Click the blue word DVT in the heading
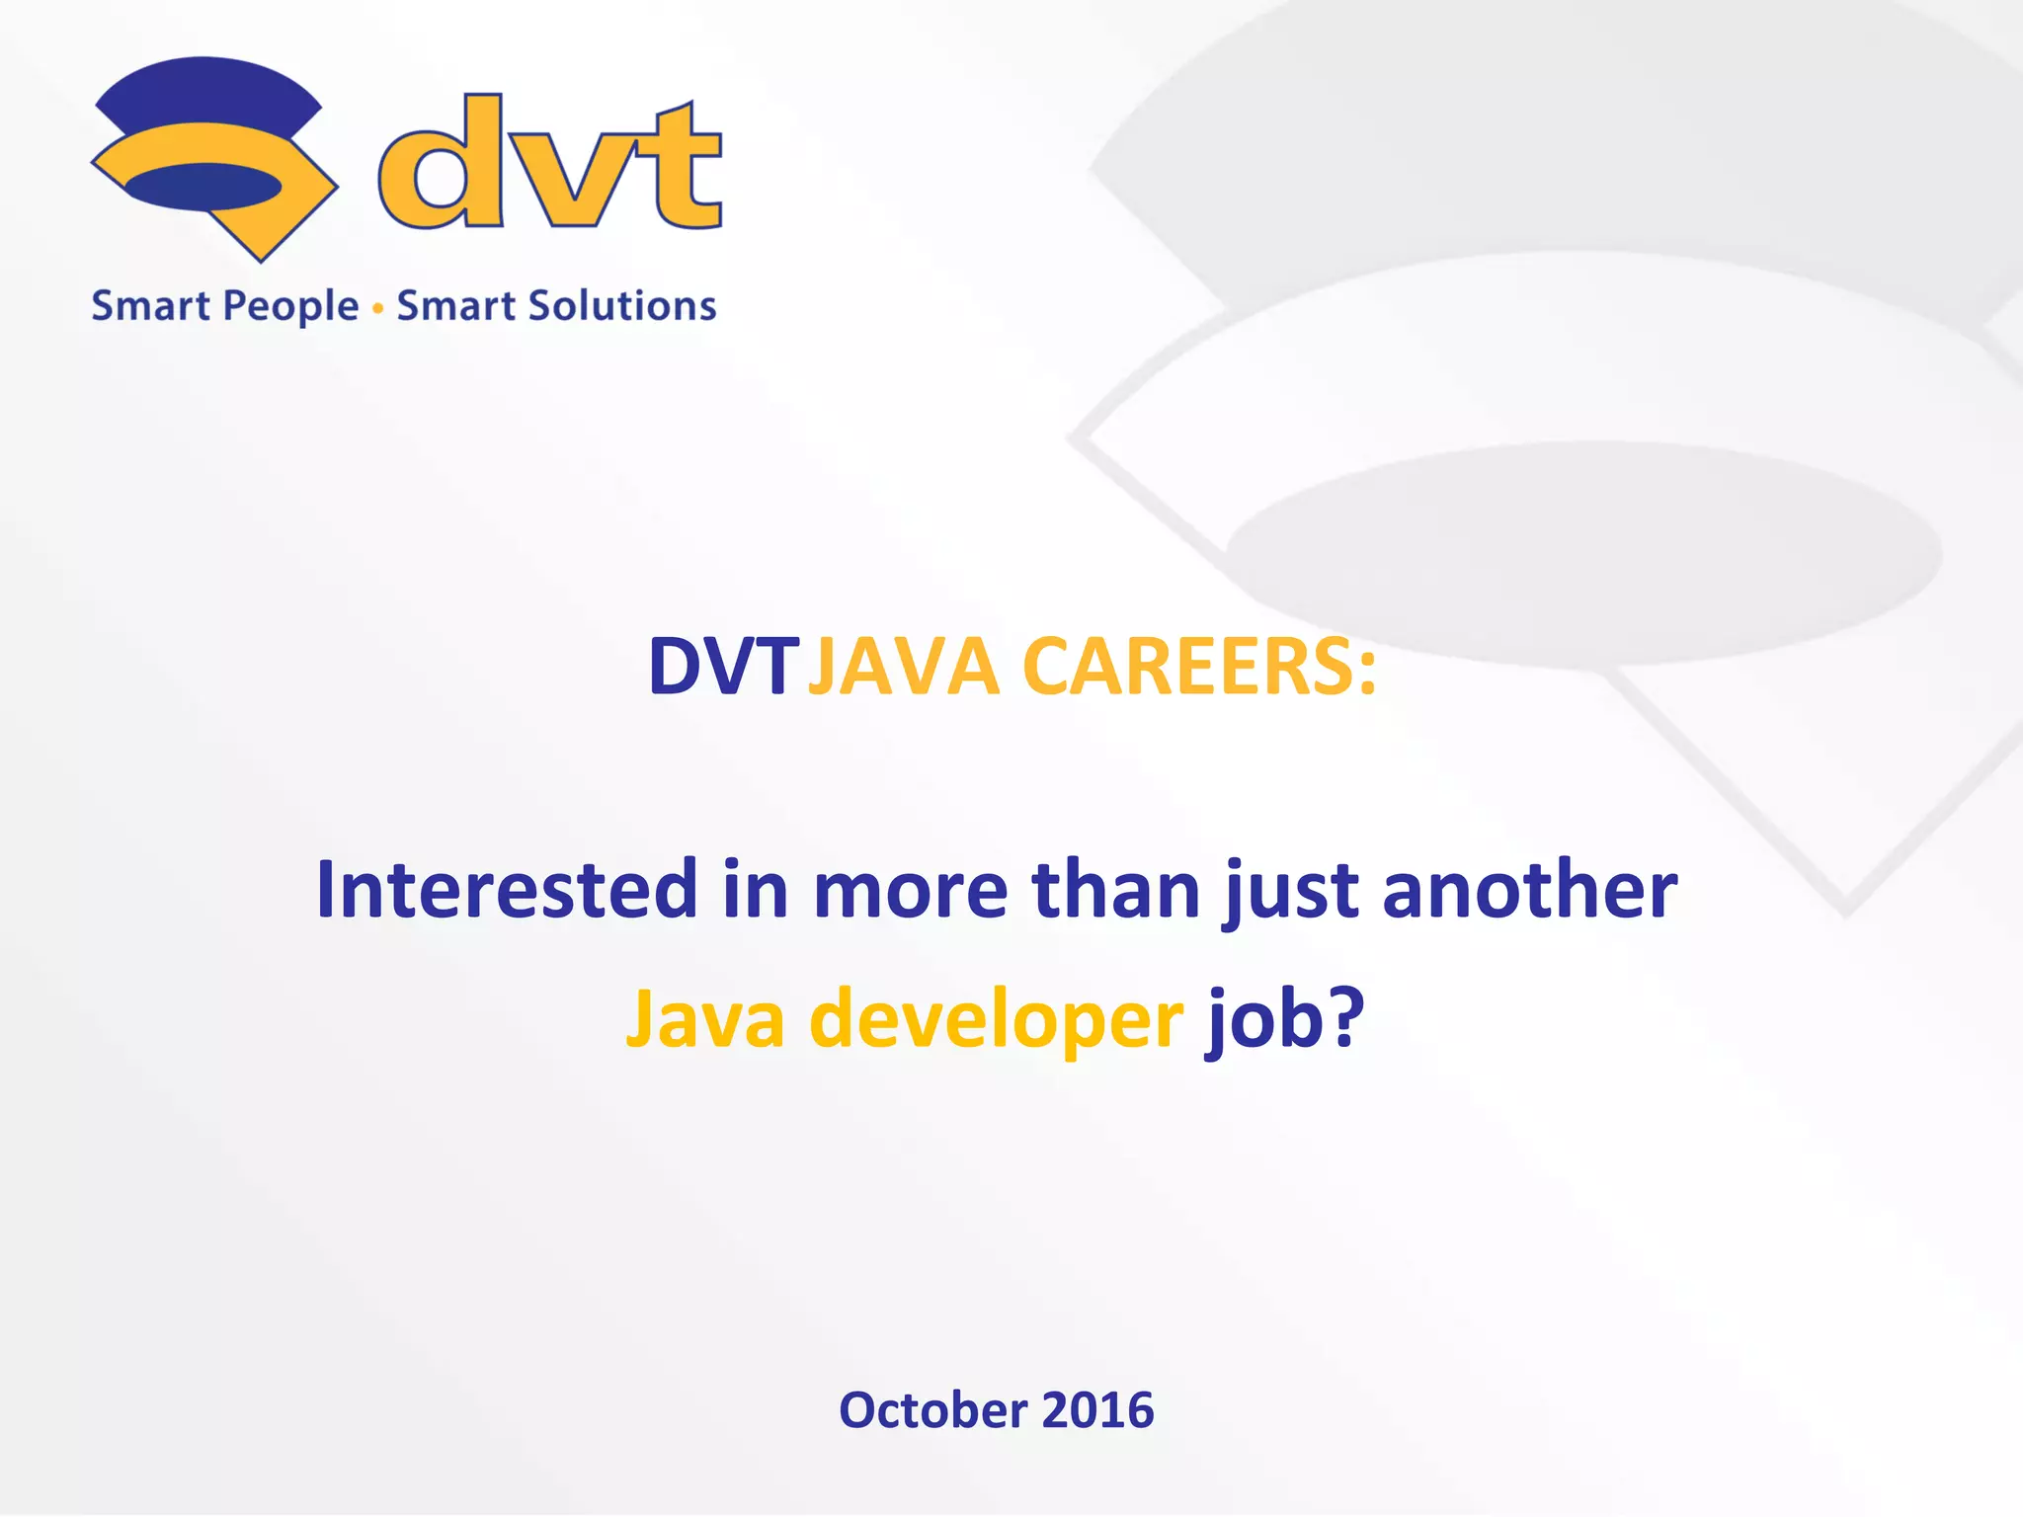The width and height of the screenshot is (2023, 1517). click(722, 668)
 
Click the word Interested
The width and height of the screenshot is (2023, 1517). click(507, 890)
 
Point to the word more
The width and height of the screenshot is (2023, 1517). click(910, 890)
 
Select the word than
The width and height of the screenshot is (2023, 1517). click(1115, 890)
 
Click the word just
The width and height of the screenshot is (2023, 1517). click(1288, 890)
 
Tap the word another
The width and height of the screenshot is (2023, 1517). click(1529, 890)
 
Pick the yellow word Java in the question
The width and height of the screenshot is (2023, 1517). click(705, 1019)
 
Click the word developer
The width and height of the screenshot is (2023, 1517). click(996, 1019)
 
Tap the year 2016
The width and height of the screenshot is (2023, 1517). click(1097, 1409)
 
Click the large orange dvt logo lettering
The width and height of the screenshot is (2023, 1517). click(549, 164)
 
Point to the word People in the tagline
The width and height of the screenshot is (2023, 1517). click(291, 307)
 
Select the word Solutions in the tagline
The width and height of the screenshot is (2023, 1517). click(622, 306)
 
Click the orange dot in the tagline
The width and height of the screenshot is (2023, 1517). click(377, 309)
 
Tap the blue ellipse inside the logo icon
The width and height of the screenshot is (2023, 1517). click(203, 187)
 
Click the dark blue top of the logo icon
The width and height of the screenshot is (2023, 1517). click(207, 94)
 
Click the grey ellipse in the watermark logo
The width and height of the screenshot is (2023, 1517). click(1583, 553)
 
